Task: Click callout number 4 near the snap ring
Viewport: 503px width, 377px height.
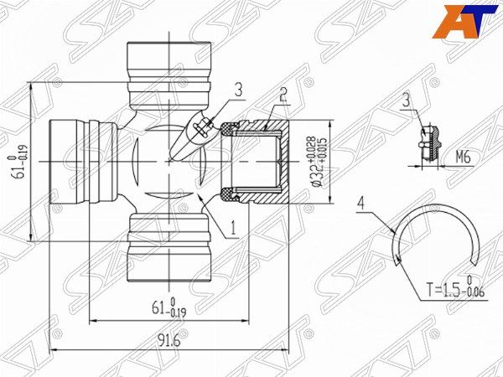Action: tap(360, 202)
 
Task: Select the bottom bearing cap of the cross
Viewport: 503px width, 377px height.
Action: tap(169, 247)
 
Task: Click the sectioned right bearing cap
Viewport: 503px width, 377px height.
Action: tap(260, 161)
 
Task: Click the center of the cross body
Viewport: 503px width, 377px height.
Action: tap(169, 161)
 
